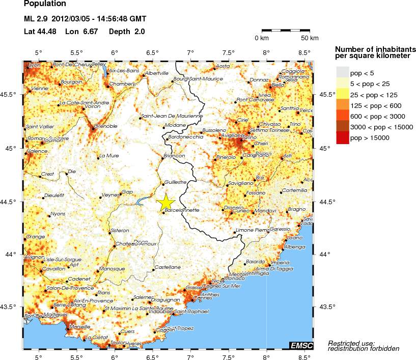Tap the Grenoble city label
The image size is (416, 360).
(106, 126)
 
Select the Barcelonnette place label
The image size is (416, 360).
(182, 210)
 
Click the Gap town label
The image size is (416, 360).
(126, 192)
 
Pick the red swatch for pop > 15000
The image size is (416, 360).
(342, 137)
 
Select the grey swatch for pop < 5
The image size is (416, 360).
(342, 73)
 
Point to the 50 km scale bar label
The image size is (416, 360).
(310, 38)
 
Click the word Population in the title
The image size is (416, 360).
(45, 5)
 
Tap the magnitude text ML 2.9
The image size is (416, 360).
(36, 19)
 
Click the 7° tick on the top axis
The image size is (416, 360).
(190, 52)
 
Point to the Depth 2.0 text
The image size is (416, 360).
(127, 32)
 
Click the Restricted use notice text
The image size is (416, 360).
(351, 345)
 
